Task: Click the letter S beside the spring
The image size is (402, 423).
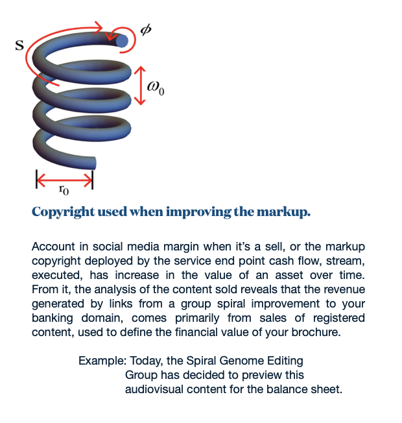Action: [19, 45]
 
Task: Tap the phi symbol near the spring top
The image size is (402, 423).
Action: [146, 29]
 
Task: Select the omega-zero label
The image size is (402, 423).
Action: [156, 88]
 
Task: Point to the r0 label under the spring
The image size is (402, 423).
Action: [64, 189]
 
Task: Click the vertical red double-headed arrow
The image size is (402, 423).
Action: [140, 86]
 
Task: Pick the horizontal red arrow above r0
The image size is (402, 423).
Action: [64, 179]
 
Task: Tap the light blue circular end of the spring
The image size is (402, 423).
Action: [122, 41]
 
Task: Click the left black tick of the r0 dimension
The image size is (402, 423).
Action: [36, 179]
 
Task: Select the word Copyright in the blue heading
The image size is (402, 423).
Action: [63, 212]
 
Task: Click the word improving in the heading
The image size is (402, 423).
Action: [198, 212]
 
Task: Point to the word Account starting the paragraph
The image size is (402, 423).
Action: [53, 247]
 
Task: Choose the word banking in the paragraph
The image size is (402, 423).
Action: [53, 318]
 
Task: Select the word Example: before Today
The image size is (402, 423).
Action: [102, 361]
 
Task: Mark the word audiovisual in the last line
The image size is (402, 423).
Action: [154, 389]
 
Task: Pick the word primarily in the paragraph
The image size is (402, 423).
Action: [197, 318]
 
